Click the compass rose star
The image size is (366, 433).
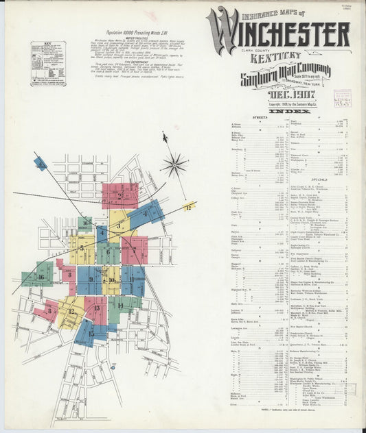[174, 164]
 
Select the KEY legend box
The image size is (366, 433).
[48, 63]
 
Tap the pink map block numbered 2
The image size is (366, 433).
[119, 195]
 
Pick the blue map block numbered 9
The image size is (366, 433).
[89, 280]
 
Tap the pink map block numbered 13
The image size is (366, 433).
[96, 309]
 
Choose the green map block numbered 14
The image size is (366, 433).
[121, 306]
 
